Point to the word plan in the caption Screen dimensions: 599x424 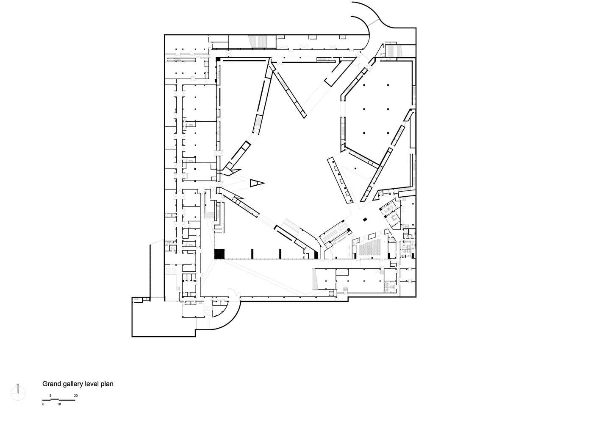pyautogui.click(x=107, y=385)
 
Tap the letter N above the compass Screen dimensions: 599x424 pyautogui.click(x=18, y=385)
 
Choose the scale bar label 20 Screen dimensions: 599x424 pyautogui.click(x=76, y=396)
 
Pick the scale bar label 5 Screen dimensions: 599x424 pyautogui.click(x=50, y=396)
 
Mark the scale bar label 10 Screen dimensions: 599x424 pyautogui.click(x=59, y=404)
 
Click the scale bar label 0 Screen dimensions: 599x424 pyautogui.click(x=43, y=404)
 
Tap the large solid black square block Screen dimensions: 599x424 pyautogui.click(x=219, y=254)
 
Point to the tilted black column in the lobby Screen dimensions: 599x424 pyautogui.click(x=365, y=220)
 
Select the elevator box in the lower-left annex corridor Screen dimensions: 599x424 pyautogui.click(x=171, y=271)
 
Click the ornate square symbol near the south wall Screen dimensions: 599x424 pyautogui.click(x=332, y=293)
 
